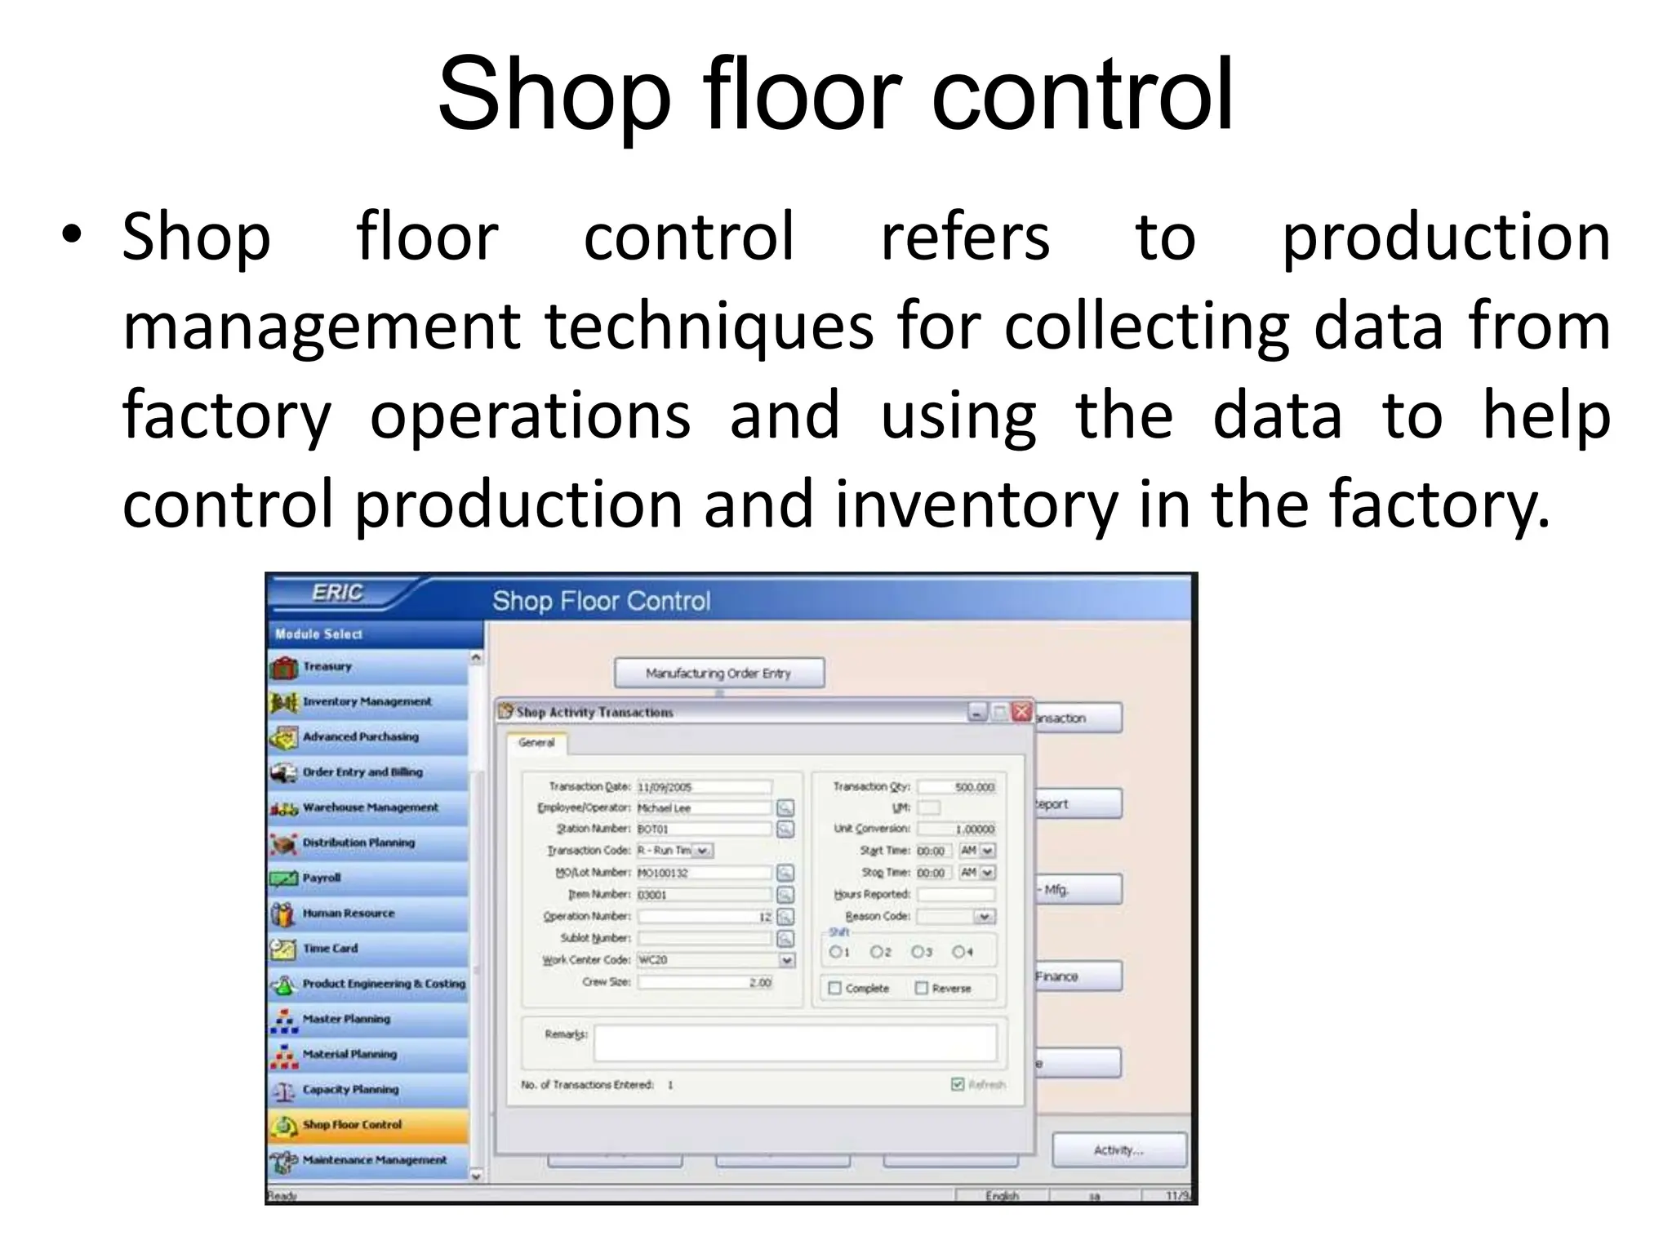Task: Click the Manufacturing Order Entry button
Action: (718, 674)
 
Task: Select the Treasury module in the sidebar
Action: (327, 667)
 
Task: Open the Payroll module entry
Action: (322, 878)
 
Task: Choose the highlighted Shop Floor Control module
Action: (352, 1125)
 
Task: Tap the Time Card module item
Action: (330, 949)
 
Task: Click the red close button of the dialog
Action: (1021, 712)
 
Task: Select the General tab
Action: (536, 743)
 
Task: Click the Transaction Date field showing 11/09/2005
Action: (703, 787)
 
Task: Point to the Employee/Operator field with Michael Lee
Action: (703, 808)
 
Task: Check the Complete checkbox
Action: (834, 989)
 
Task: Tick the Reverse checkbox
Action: (922, 989)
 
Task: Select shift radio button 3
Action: (918, 952)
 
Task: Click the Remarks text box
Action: (794, 1043)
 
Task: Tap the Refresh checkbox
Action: (958, 1085)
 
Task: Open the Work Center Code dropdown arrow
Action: (786, 961)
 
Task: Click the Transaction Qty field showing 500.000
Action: (956, 787)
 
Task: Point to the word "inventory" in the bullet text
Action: (976, 504)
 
